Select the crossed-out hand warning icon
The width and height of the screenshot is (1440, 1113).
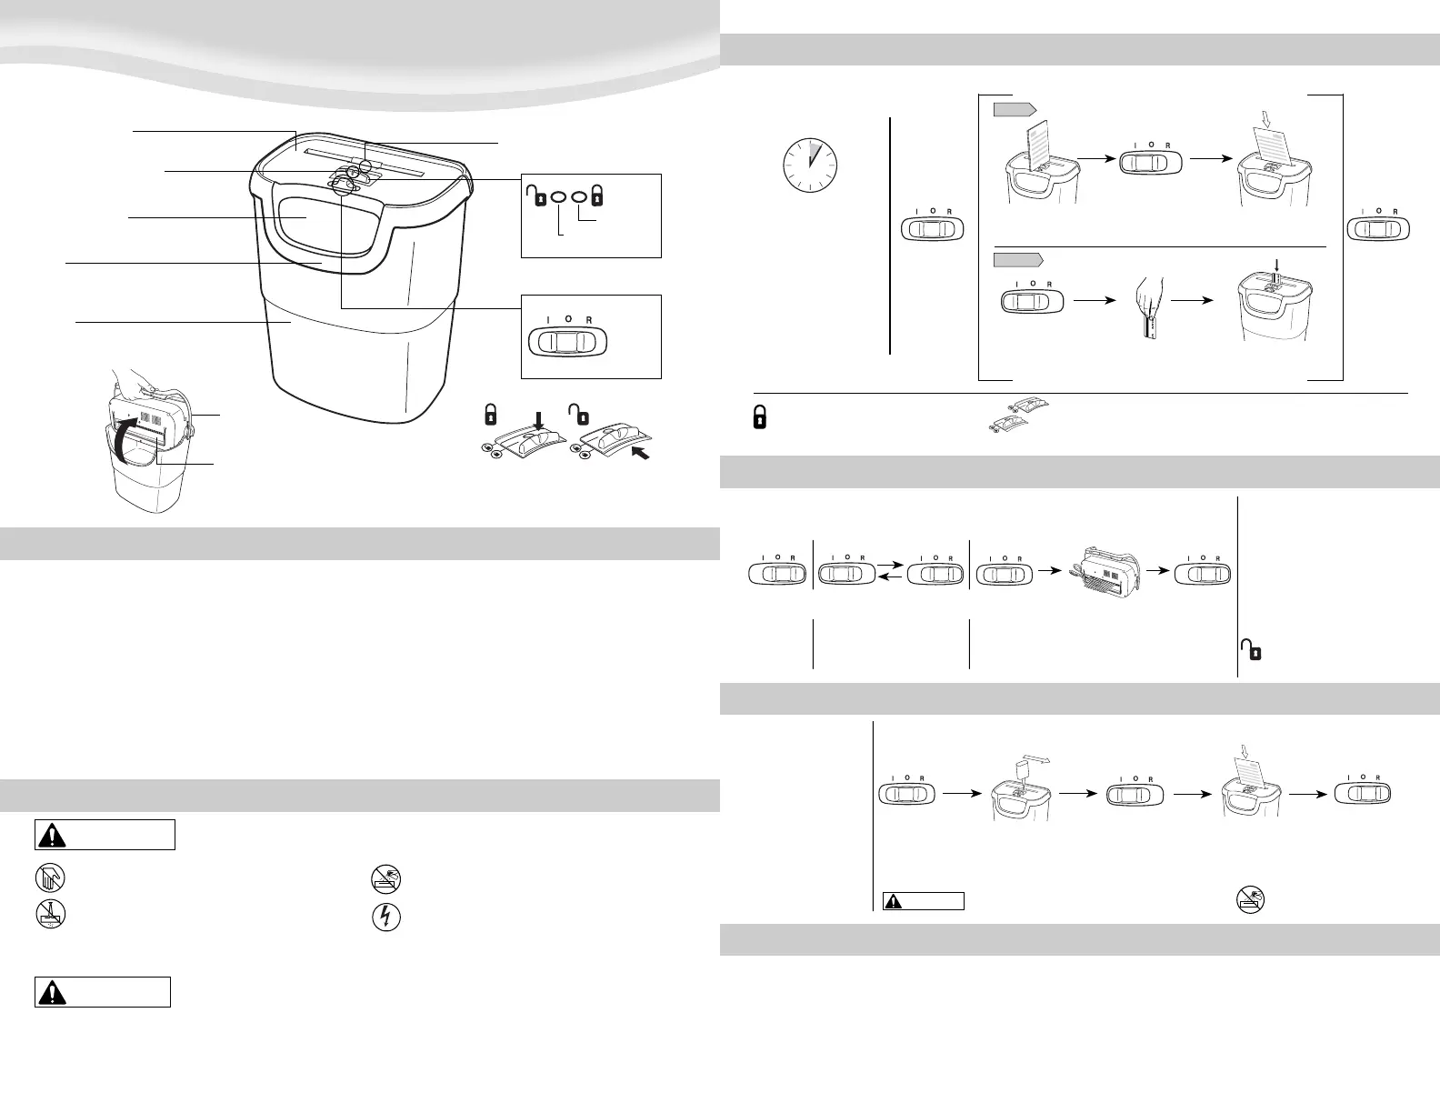point(50,878)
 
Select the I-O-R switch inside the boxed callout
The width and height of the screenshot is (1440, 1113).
point(567,341)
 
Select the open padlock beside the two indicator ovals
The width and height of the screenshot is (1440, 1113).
point(536,196)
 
